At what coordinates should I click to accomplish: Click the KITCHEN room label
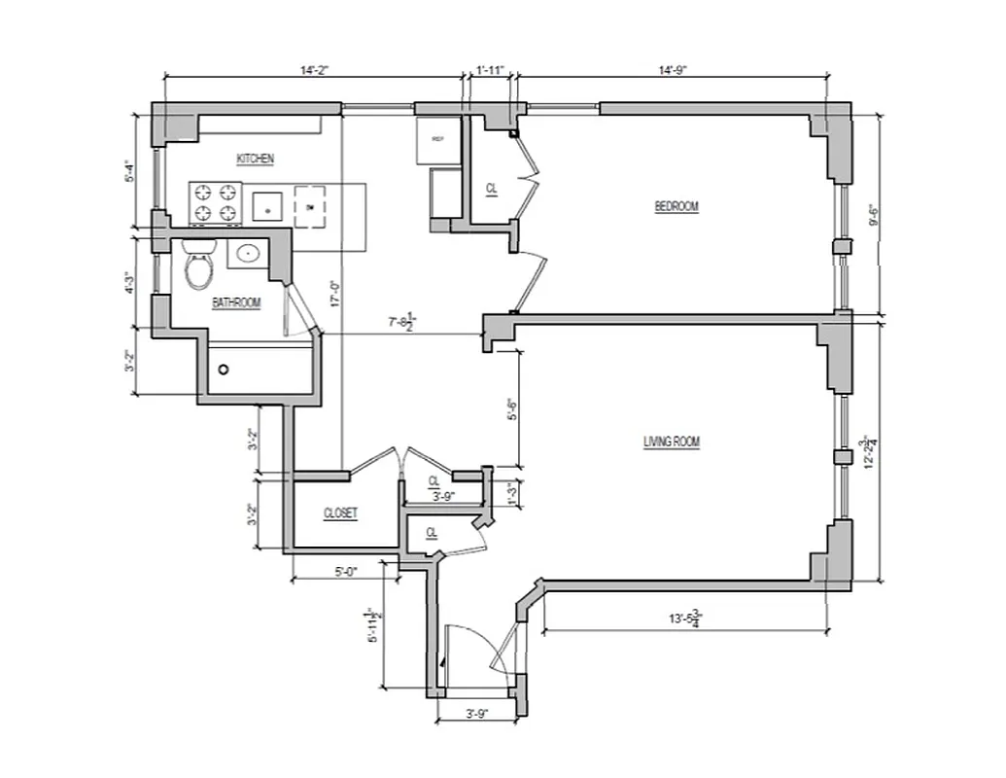coord(256,159)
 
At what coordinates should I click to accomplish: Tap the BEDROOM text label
coord(676,206)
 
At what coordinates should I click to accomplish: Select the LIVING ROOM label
coord(672,442)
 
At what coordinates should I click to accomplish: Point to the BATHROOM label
coord(237,303)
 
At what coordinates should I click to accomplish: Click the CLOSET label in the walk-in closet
coord(341,513)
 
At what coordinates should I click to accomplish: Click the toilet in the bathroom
coord(200,267)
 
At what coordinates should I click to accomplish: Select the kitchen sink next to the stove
coord(266,207)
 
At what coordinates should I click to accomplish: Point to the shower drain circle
coord(224,370)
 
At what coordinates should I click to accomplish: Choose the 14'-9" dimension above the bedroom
coord(672,70)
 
